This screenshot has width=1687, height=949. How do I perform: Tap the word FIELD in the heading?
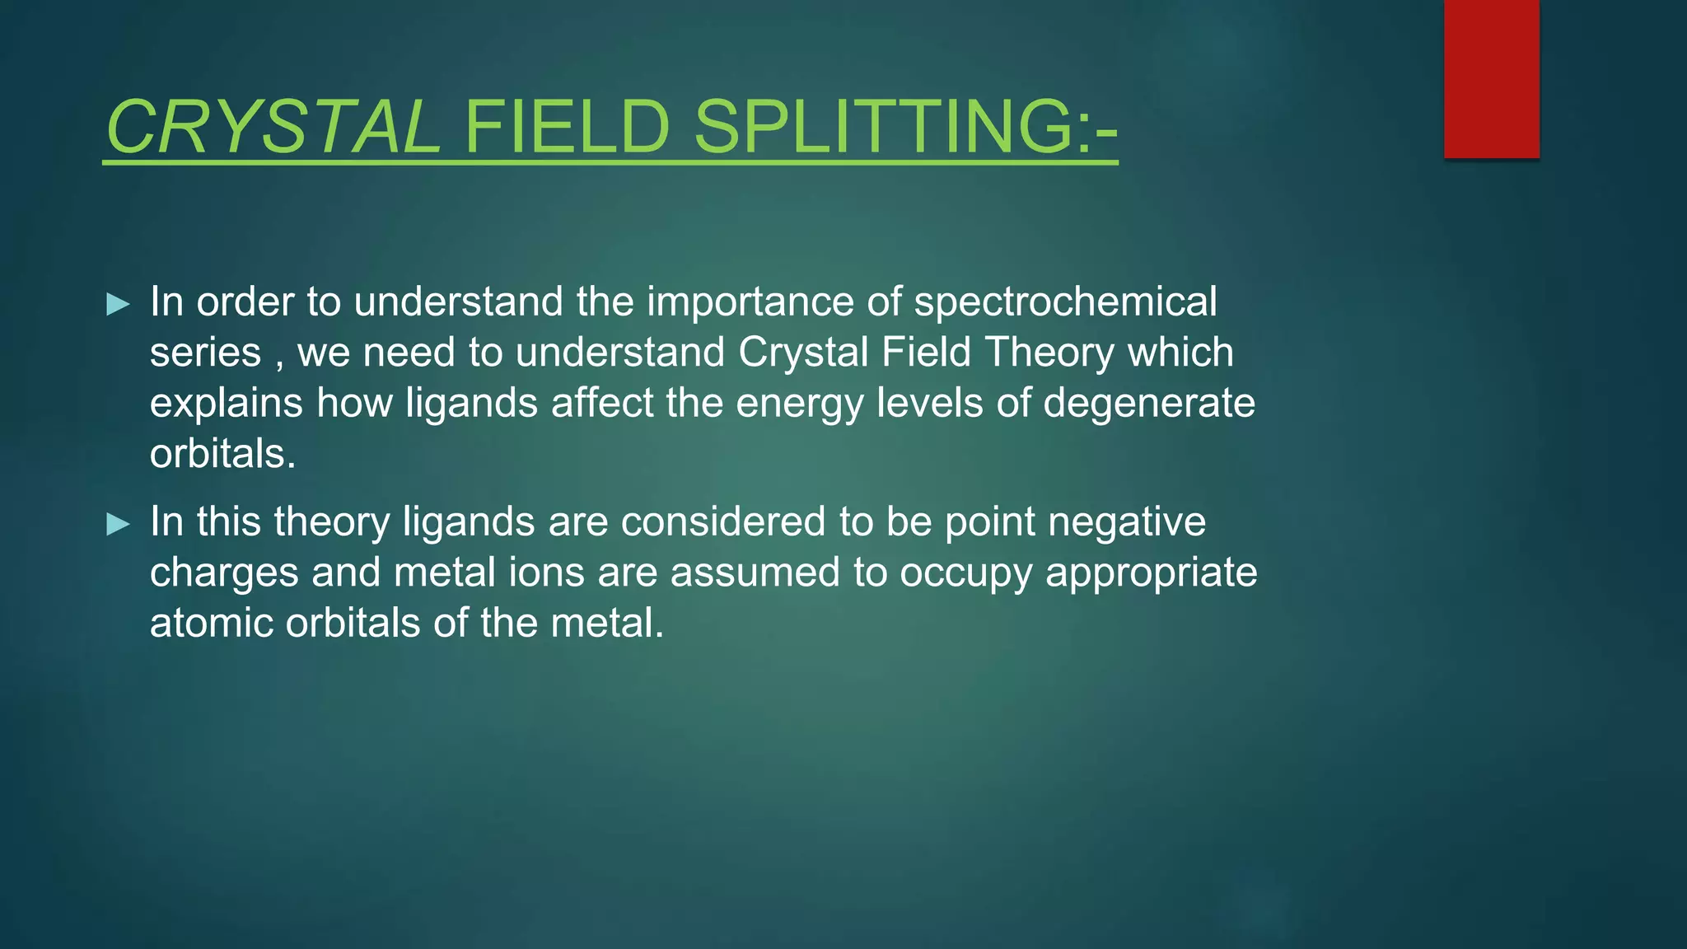pyautogui.click(x=568, y=128)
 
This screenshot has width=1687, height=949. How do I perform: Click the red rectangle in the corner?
pyautogui.click(x=1491, y=78)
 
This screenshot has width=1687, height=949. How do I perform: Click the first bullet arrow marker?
pyautogui.click(x=119, y=305)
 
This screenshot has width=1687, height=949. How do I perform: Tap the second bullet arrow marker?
pyautogui.click(x=119, y=524)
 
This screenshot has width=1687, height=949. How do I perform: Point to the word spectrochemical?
pyautogui.click(x=1065, y=302)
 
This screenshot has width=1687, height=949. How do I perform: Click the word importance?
pyautogui.click(x=751, y=302)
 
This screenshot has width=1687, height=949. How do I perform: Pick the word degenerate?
pyautogui.click(x=1149, y=403)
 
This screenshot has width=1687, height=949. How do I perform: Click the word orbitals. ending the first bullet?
pyautogui.click(x=222, y=454)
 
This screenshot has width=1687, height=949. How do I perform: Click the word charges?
pyautogui.click(x=224, y=573)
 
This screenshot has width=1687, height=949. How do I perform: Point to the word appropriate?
pyautogui.click(x=1151, y=573)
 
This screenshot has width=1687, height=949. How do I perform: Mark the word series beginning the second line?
pyautogui.click(x=205, y=353)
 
